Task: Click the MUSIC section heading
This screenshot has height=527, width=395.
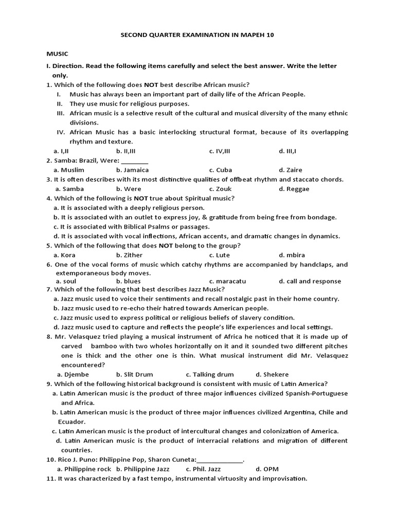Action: tap(57, 54)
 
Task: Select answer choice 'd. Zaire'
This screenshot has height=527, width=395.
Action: tap(291, 170)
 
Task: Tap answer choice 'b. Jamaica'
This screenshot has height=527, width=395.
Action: tap(132, 170)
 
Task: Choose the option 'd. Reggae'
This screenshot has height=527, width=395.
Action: tap(294, 189)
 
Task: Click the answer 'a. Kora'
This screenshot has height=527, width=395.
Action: tap(64, 255)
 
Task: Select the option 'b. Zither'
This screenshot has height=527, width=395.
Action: tap(129, 255)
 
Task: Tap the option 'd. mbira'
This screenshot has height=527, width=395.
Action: tap(292, 255)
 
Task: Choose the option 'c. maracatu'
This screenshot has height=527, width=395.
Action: tap(228, 281)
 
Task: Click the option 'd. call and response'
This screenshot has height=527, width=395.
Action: tap(310, 281)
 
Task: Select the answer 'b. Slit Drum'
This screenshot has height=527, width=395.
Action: tap(134, 374)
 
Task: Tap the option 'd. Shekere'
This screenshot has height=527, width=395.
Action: tap(272, 374)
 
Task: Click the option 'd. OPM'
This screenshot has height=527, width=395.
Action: tap(267, 469)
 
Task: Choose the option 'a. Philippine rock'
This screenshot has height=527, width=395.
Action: tap(84, 469)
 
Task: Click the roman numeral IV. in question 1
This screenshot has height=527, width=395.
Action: tap(60, 132)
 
